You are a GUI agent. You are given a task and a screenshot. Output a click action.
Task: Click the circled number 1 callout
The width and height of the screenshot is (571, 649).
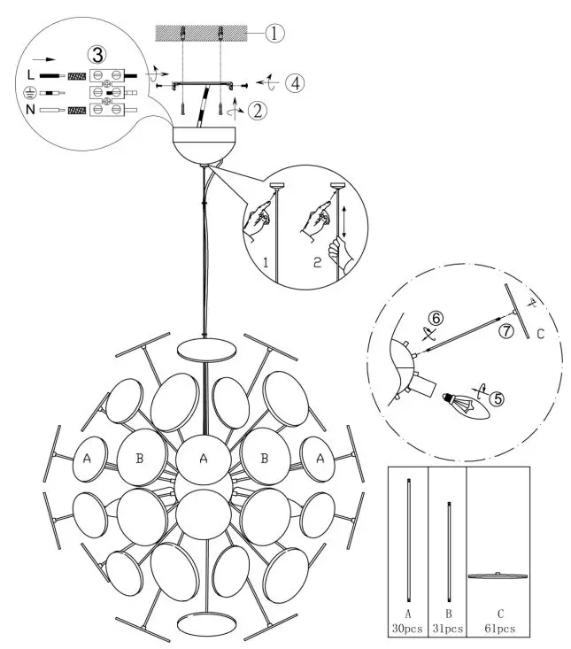pos(276,34)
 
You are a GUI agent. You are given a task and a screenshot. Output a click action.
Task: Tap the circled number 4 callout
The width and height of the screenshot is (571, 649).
pos(293,82)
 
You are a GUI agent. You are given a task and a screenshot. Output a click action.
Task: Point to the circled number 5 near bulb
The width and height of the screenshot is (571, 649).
pos(498,398)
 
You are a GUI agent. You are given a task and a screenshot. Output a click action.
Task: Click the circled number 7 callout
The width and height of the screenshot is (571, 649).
pos(505,330)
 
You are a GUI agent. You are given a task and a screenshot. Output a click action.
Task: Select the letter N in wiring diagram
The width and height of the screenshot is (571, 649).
pos(30,111)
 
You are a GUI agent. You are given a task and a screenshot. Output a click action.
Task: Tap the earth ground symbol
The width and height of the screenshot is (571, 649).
pos(30,93)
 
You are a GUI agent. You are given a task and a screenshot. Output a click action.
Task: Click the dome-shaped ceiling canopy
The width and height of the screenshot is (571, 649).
pos(206,143)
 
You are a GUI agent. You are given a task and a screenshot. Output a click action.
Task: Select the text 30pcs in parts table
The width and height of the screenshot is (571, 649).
pos(408,629)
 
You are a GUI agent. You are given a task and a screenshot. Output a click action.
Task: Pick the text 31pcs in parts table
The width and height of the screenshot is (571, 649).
pos(447,629)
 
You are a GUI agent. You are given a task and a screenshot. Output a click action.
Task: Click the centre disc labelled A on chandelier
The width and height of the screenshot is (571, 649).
pos(205,459)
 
